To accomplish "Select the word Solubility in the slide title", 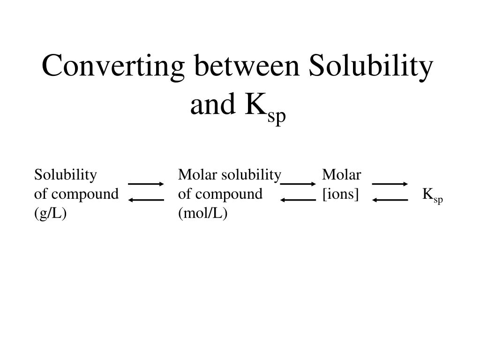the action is click(x=370, y=66).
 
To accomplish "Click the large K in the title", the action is click(x=255, y=105).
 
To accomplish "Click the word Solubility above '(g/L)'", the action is click(x=66, y=175).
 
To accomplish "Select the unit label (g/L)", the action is click(x=50, y=213).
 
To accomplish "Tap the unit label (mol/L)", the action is click(x=202, y=213).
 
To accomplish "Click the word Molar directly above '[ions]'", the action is click(x=341, y=175).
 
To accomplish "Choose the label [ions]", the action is click(x=340, y=194).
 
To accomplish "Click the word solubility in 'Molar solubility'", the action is click(x=251, y=175).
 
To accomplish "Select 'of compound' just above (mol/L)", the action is click(x=220, y=194).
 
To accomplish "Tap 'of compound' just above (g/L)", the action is click(x=76, y=194).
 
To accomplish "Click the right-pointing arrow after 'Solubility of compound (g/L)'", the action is click(x=146, y=184).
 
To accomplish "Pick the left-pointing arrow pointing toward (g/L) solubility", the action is click(x=146, y=200).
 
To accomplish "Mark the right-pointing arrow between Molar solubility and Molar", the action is click(x=298, y=184).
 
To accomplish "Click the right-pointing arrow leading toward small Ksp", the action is click(x=390, y=184).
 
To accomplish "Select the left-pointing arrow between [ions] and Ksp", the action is click(x=390, y=200).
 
